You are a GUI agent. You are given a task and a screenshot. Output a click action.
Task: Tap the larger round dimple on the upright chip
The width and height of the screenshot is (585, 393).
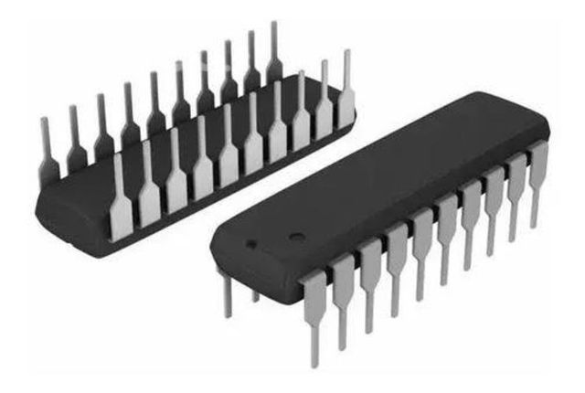[x=295, y=237]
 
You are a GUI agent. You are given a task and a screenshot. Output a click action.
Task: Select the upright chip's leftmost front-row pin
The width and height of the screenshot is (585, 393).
[x=314, y=306]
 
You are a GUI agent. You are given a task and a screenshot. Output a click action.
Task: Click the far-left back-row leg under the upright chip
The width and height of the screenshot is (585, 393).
[x=225, y=292]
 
